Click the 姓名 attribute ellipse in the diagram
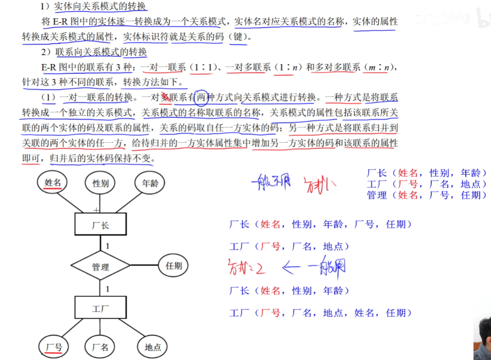pos(53,183)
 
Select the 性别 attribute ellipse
pos(101,183)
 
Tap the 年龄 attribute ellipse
pos(150,183)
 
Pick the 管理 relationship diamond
pos(101,267)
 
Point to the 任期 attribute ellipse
pos(174,266)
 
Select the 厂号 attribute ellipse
pos(53,347)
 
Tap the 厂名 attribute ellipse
pos(101,347)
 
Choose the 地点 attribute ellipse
pos(152,347)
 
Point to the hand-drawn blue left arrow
pos(292,268)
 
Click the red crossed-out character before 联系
pos(165,98)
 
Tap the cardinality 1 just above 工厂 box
pos(107,289)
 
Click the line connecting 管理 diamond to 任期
pos(144,266)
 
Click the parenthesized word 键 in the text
pos(238,37)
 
